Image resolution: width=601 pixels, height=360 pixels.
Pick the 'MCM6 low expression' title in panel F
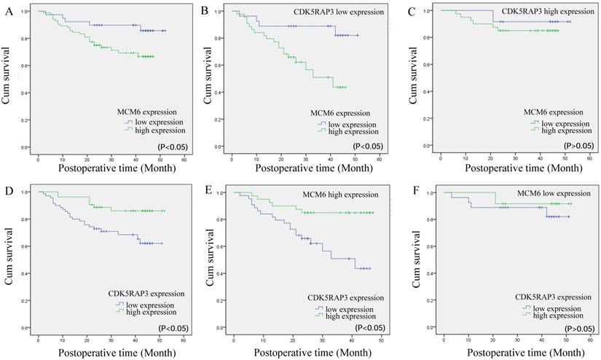[553, 193]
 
